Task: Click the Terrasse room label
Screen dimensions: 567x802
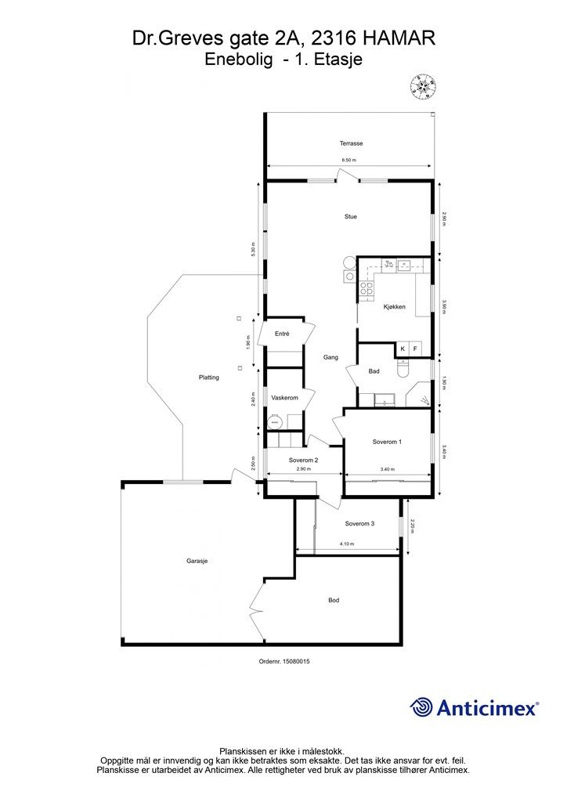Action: tap(352, 143)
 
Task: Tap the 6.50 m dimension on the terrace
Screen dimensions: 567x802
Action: tap(349, 160)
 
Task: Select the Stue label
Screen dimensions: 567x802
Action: tap(350, 216)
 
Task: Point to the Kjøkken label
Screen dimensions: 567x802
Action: tap(394, 307)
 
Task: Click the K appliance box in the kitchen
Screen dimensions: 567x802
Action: tap(403, 349)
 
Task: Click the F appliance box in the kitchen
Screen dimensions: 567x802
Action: tap(414, 349)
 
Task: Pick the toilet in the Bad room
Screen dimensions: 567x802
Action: tap(403, 368)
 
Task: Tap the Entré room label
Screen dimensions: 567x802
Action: tap(282, 334)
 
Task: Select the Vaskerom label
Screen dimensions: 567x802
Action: tap(284, 397)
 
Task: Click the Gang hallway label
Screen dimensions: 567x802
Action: tap(330, 357)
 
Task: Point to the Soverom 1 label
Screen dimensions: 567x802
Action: tap(387, 442)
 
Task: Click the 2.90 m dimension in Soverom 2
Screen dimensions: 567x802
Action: tap(303, 468)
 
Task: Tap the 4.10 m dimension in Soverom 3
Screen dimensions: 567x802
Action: tap(346, 544)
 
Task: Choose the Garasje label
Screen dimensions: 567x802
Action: tap(197, 561)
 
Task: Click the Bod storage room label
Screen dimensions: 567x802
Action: tap(334, 600)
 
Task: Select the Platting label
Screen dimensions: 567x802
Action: tap(208, 377)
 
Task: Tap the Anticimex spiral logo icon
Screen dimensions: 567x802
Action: tap(421, 707)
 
